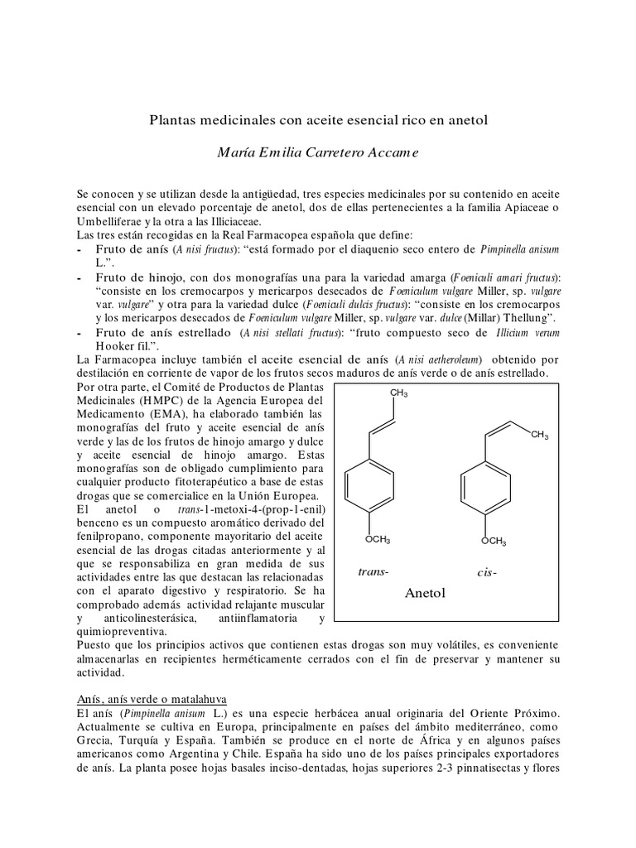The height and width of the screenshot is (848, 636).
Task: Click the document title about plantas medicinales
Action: pyautogui.click(x=319, y=119)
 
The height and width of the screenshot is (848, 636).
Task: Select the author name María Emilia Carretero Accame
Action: pyautogui.click(x=319, y=153)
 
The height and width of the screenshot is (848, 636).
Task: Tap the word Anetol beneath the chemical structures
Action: pyautogui.click(x=426, y=593)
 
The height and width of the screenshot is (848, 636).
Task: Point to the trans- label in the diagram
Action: pyautogui.click(x=373, y=572)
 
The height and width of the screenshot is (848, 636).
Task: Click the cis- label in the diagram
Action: pyautogui.click(x=486, y=572)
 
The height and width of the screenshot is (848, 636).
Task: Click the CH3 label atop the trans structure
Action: pyautogui.click(x=399, y=393)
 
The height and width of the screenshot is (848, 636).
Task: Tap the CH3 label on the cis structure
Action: pyautogui.click(x=540, y=435)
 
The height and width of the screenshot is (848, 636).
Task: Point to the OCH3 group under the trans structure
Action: pyautogui.click(x=378, y=541)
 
